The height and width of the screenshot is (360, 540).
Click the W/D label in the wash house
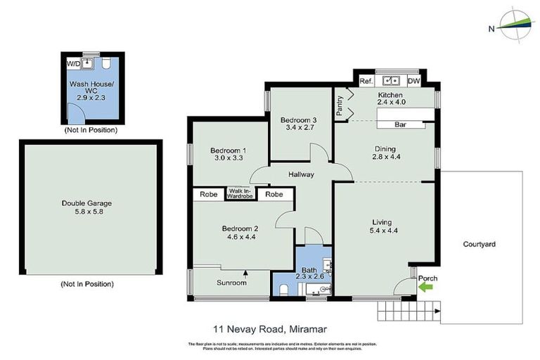coord(73,64)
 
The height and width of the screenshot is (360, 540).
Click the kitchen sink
coord(389,81)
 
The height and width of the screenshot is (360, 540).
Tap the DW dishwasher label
coord(413,82)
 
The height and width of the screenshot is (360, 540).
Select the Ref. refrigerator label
coord(366,82)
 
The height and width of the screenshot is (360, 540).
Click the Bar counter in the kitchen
coord(401,125)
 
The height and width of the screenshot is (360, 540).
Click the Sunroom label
coord(231,283)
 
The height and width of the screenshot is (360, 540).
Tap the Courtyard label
coord(480,244)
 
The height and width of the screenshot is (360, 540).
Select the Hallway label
coord(300,174)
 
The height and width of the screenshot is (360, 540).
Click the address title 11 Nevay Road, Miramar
coord(270,328)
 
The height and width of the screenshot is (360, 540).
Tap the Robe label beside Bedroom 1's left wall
coord(208,193)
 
